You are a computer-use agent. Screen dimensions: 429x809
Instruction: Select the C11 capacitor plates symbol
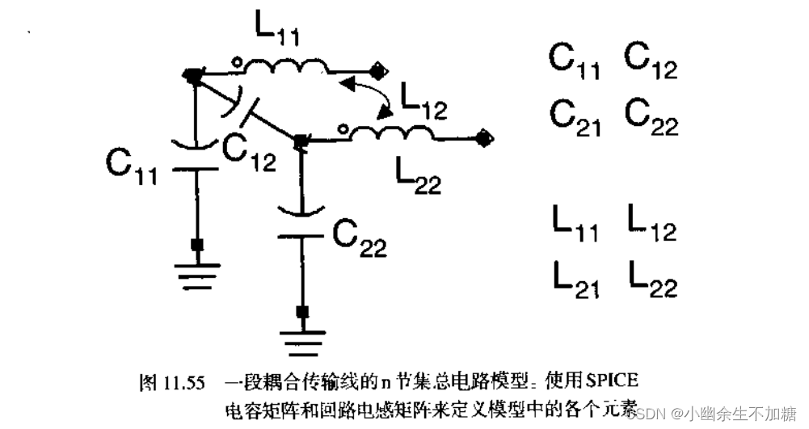pyautogui.click(x=197, y=157)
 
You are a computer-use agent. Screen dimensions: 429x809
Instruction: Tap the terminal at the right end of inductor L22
pyautogui.click(x=483, y=138)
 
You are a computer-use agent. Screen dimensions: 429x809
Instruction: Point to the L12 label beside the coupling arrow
pyautogui.click(x=422, y=104)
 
